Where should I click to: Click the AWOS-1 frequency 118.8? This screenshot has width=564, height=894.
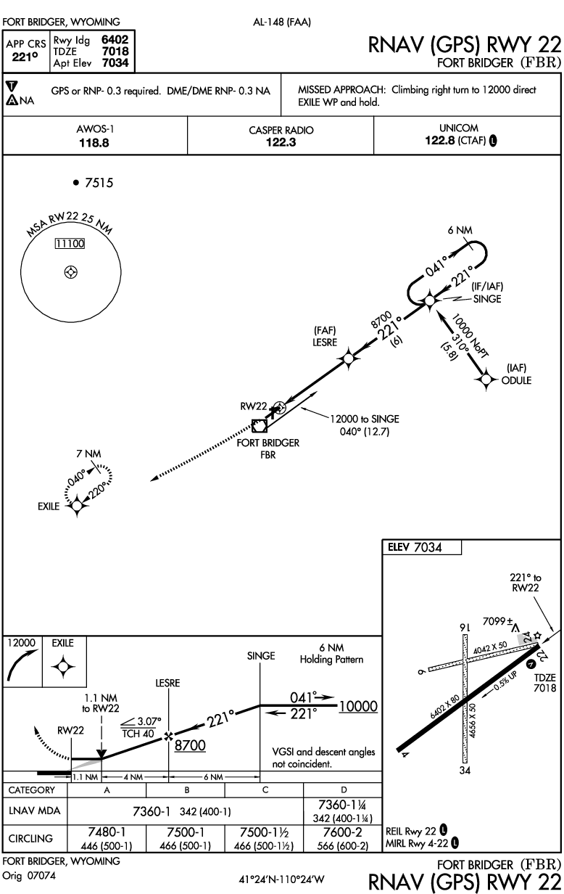[x=94, y=143]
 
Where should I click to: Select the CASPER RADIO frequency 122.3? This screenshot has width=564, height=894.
[x=281, y=142]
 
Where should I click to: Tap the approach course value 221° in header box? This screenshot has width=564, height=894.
[x=25, y=57]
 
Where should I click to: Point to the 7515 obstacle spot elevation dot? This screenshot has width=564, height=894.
[x=76, y=183]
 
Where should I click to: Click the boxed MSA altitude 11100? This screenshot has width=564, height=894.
[x=70, y=244]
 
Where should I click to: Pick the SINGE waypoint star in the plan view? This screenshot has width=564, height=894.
[x=429, y=300]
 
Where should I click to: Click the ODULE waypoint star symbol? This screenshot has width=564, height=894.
[x=486, y=379]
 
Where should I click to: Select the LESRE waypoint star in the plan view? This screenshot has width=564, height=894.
[x=349, y=358]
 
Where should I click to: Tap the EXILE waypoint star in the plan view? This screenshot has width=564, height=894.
[x=77, y=506]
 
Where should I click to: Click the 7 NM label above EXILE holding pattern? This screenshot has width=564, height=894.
[x=88, y=454]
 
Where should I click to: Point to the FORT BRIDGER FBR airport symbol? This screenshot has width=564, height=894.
[x=260, y=426]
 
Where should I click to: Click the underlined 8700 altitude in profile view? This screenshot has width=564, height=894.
[x=190, y=745]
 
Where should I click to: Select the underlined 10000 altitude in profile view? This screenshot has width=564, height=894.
[x=358, y=706]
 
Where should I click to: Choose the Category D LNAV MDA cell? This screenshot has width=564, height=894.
[x=343, y=811]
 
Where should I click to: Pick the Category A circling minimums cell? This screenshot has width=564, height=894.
[x=107, y=838]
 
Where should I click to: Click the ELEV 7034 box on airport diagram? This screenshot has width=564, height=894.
[x=422, y=547]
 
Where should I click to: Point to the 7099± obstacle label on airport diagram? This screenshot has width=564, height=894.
[x=497, y=621]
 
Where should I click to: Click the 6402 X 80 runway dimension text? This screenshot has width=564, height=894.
[x=444, y=707]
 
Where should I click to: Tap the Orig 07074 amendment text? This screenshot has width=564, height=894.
[x=29, y=876]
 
